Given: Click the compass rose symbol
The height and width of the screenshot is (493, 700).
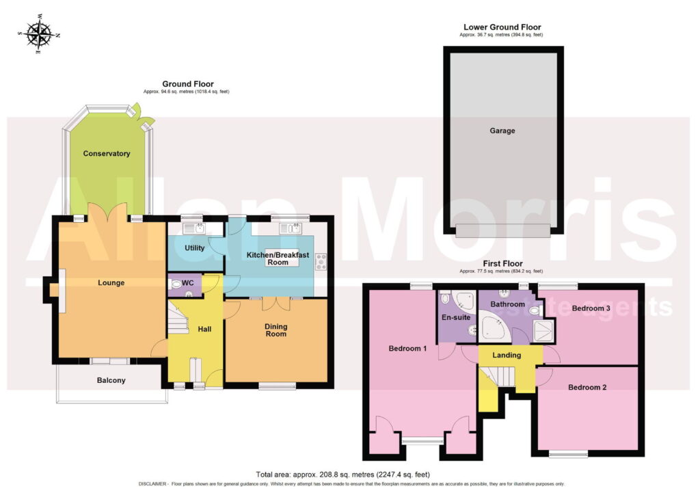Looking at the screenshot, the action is pos(39,34).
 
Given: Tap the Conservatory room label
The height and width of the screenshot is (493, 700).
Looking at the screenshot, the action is pos(106,154).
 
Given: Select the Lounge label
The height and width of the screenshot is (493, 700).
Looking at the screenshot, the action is pos(111,282).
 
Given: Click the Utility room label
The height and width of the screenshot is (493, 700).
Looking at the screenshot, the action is pos(195,248).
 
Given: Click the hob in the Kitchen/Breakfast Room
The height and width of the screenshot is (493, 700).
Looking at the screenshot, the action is pos(321,262).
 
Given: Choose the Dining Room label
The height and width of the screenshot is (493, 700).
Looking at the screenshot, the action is pos(276,330).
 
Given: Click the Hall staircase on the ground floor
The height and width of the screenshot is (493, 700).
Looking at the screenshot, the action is pos(178,318).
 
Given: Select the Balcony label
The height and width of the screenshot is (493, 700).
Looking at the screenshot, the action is pos(111,380).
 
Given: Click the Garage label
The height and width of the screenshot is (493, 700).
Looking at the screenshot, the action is pos(502,131).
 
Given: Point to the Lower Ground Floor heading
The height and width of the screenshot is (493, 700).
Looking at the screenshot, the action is pos(502,27).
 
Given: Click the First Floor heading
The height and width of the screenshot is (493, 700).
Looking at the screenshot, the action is pos(502,263).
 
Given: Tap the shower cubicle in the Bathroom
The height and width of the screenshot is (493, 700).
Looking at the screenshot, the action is pos(543,331).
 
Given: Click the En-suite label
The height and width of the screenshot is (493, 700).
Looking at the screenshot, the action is pos(456,317).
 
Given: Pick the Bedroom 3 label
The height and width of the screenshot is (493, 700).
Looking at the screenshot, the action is pos(591,308).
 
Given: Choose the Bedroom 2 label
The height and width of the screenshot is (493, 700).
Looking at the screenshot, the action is pos(587,387).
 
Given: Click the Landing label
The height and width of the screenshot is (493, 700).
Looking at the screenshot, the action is pos(507,355).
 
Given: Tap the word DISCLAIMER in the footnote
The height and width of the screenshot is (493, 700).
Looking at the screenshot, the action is pos(153,484).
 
